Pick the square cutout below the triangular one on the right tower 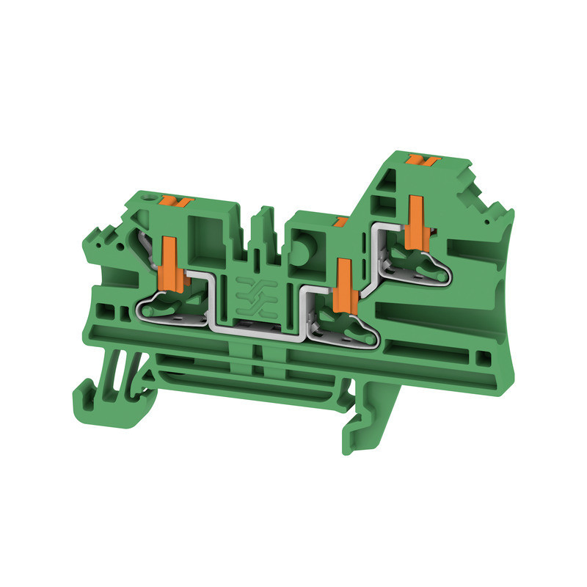click(x=384, y=203)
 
